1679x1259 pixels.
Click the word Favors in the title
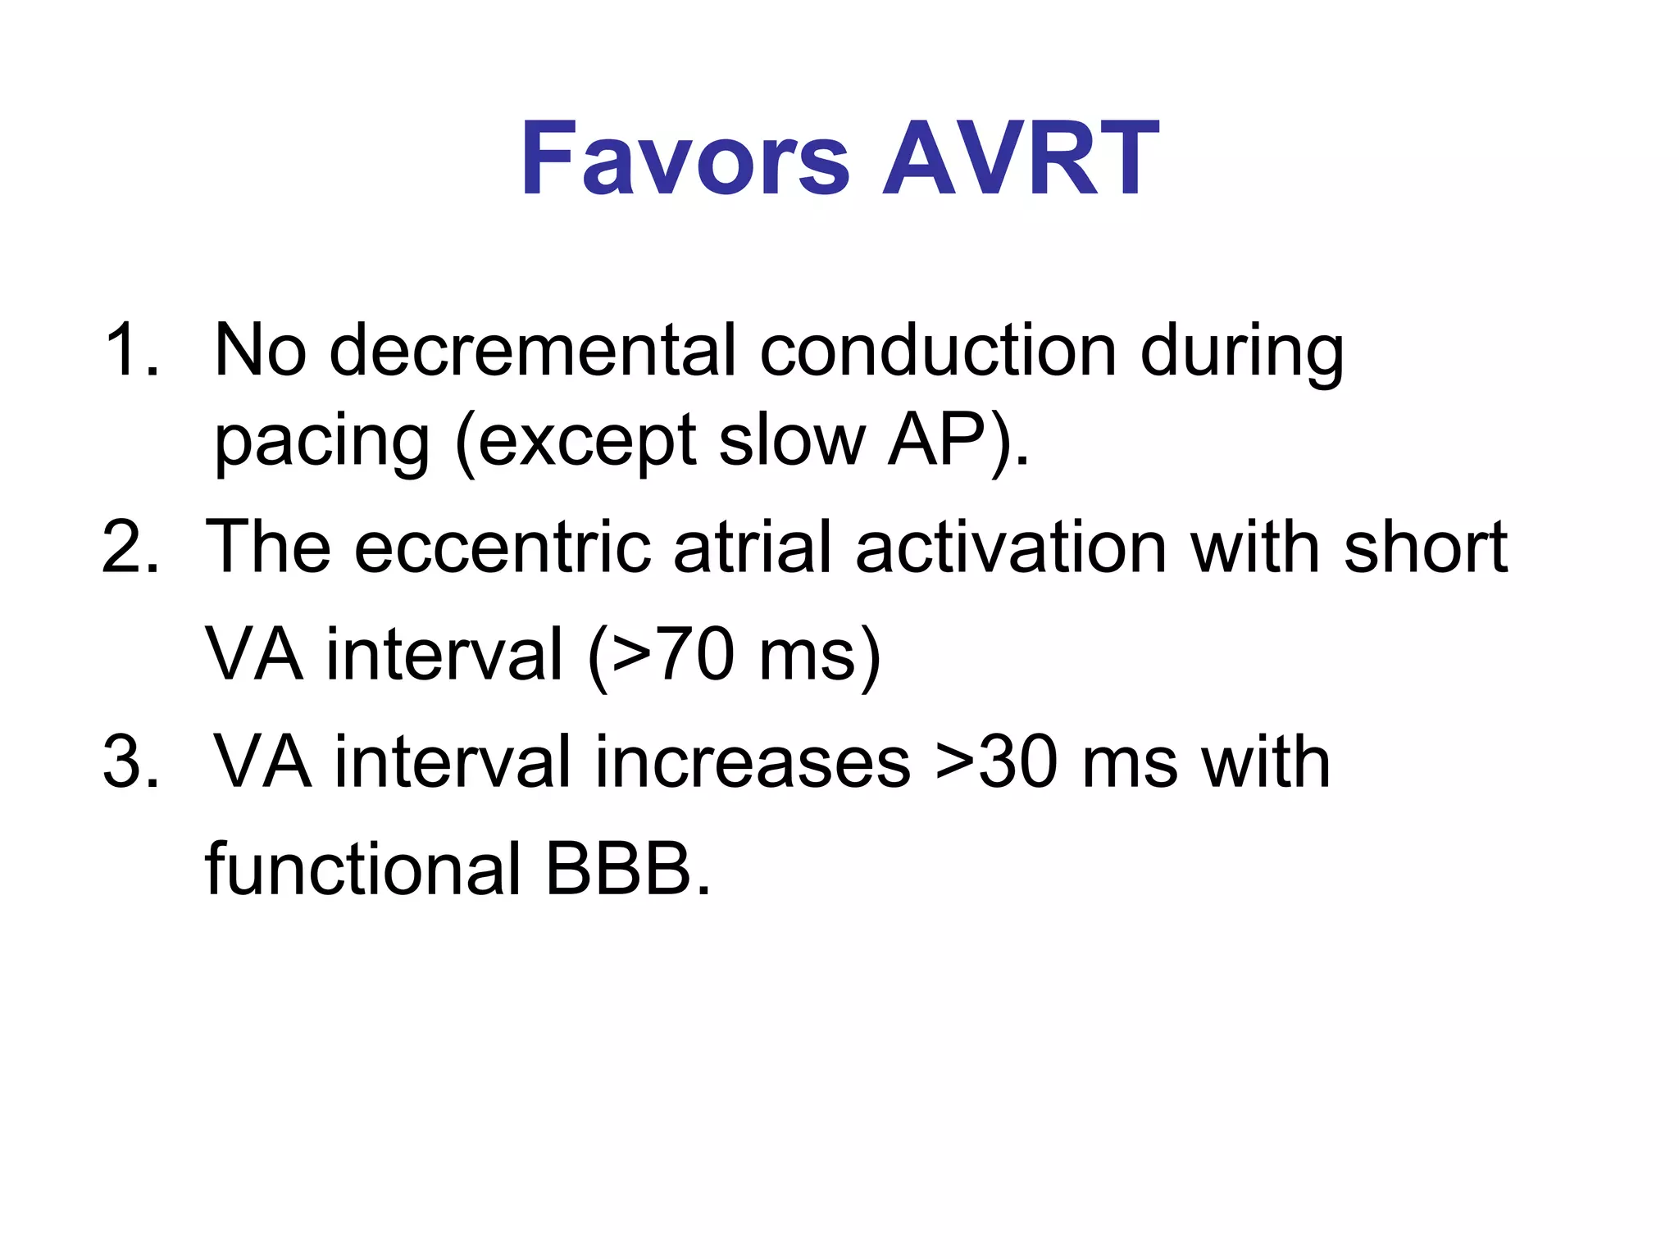[x=685, y=160]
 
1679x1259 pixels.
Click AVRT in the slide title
[x=1020, y=160]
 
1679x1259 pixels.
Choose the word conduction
[x=938, y=351]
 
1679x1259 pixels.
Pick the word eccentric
[x=502, y=548]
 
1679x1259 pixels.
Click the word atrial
[x=753, y=548]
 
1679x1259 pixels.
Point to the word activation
[x=1010, y=548]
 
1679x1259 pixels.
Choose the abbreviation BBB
[x=618, y=869]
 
